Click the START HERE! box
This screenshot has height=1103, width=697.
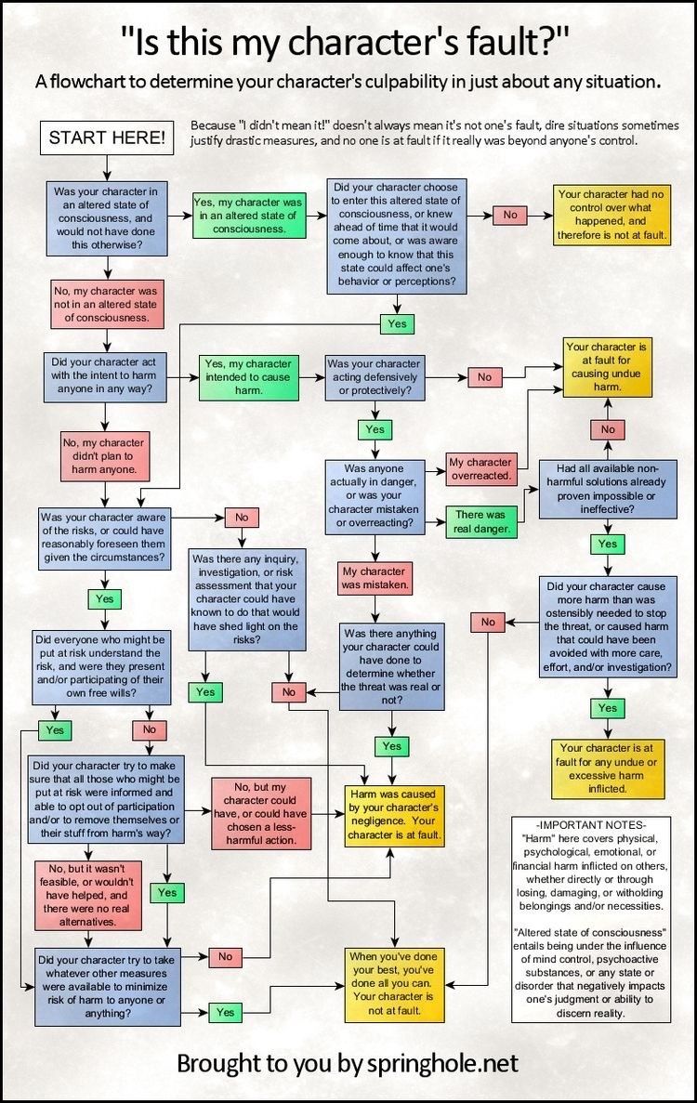107,138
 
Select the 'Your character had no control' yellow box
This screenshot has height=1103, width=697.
612,215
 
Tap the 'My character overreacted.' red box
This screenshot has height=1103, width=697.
480,468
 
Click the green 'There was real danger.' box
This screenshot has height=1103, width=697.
480,520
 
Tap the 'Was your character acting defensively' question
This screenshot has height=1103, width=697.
375,377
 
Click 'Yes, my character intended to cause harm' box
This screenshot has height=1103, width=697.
246,377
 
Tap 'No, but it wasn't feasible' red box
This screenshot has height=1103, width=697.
82,895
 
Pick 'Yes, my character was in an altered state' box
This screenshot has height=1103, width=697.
247,214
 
